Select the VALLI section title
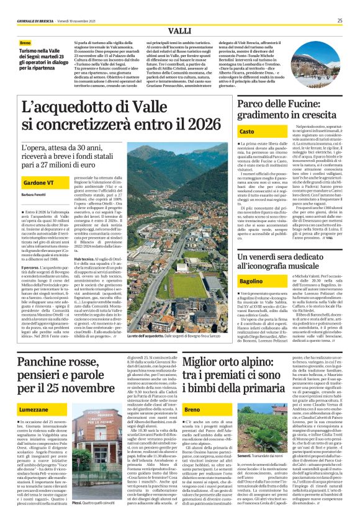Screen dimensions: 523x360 [179, 30]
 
